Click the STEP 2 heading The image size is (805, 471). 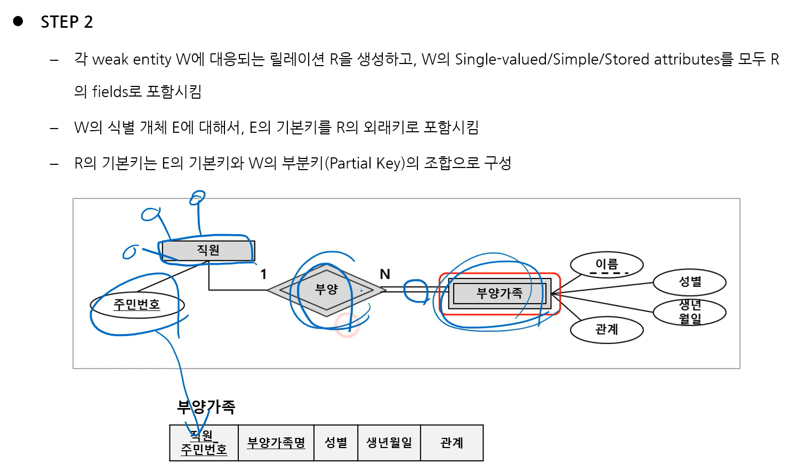(67, 22)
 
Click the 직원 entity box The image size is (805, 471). (208, 250)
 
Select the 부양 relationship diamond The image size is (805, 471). (326, 290)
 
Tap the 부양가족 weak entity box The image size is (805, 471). (500, 293)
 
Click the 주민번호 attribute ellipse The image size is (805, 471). (137, 305)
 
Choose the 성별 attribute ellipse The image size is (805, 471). (689, 282)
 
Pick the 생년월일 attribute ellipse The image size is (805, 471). (689, 312)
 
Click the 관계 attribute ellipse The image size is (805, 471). (607, 330)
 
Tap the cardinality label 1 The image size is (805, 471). (263, 274)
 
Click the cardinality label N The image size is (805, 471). (385, 274)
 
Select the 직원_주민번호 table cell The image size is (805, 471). (204, 443)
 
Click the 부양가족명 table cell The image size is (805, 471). (276, 443)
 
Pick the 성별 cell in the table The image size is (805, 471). (336, 443)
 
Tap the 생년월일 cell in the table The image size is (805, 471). (389, 443)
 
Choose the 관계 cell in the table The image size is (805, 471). (452, 443)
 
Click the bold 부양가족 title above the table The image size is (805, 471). (206, 407)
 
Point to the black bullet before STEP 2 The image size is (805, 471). (18, 21)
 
